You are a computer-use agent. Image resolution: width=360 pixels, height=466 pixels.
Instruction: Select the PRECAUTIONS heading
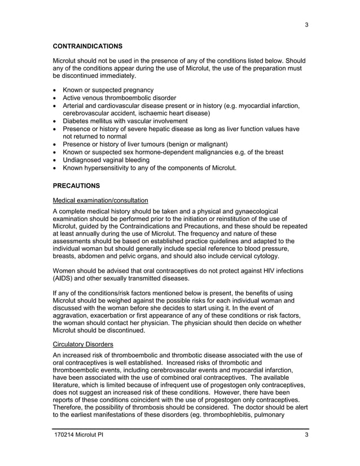click(76, 184)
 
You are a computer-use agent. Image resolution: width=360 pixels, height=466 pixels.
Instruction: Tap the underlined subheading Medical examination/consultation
click(100, 200)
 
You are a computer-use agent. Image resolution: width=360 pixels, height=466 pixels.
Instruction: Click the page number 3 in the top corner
click(306, 25)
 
